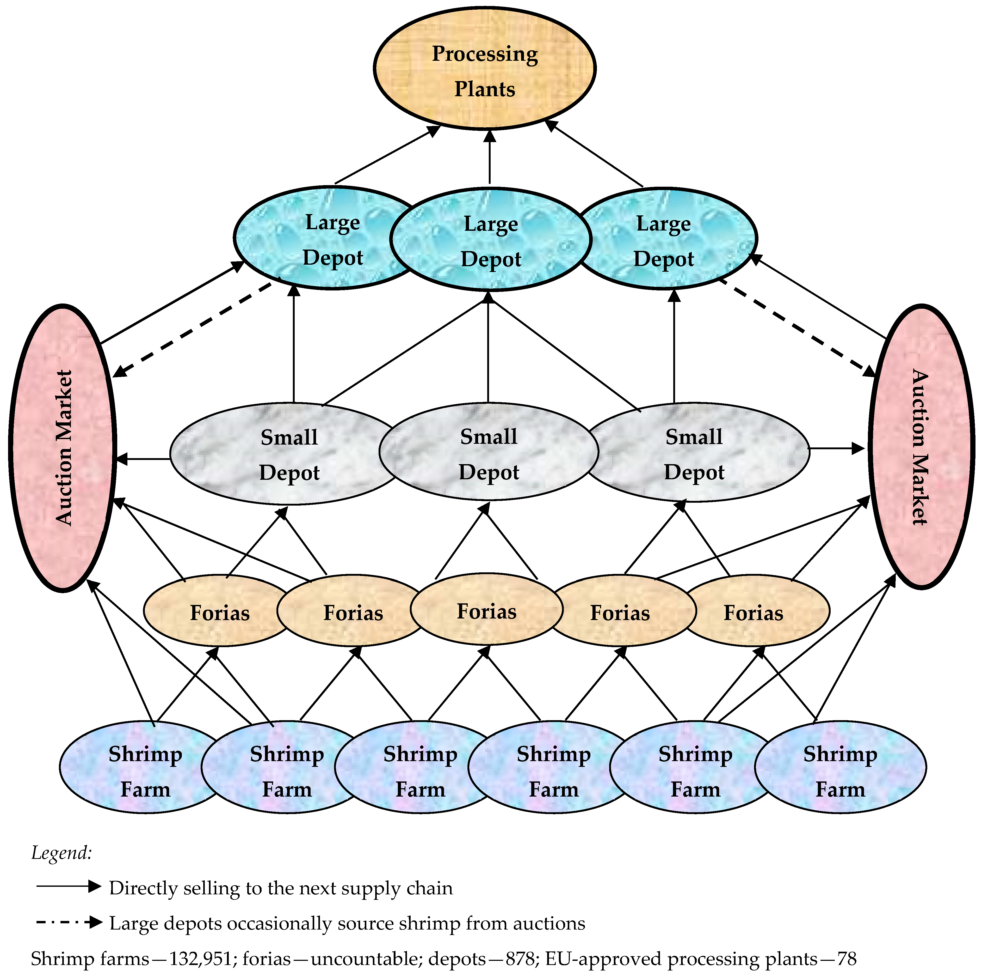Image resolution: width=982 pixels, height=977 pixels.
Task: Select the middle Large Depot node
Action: [x=491, y=240]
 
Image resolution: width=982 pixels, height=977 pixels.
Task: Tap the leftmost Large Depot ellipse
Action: [x=325, y=239]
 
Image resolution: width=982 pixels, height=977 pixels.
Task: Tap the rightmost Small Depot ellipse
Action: [x=696, y=453]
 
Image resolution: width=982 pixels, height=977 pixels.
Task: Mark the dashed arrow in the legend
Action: [x=69, y=922]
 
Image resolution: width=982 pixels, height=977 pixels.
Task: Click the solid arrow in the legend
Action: [x=69, y=887]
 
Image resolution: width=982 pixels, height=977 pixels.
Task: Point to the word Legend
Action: [x=61, y=852]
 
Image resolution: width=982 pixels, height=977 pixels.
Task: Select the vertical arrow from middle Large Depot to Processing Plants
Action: [x=490, y=158]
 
